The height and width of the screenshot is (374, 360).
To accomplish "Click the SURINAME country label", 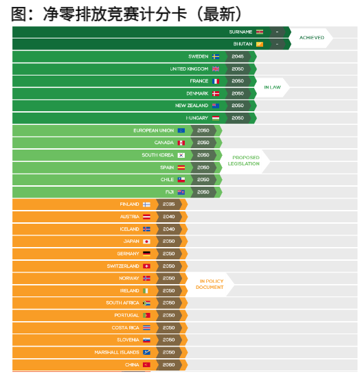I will pos(240,32).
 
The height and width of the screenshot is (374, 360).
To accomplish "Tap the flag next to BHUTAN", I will pos(259,44).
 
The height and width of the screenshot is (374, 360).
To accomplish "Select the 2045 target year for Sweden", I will pos(238,56).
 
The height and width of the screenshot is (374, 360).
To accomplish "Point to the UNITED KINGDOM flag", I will pos(216,69).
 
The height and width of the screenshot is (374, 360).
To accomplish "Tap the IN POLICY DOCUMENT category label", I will pos(210,284).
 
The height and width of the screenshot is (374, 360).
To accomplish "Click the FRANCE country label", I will pos(199,81).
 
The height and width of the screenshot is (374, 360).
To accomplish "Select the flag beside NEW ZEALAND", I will pos(216,106).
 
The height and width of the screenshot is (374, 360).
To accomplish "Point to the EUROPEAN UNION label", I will pos(153,130).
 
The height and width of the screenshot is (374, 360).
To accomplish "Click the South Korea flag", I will pos(181,155).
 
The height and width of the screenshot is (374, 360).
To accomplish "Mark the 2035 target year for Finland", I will pos(168,204).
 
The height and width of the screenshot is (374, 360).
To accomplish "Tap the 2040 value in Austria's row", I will pos(168,217).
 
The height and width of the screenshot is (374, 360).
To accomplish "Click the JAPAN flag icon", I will pos(146,242).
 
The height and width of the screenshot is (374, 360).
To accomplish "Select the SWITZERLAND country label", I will pos(123,266).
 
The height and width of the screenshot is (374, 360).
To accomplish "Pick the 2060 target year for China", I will pos(168,365).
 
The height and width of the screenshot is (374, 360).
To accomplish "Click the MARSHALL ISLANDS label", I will pos(117,353).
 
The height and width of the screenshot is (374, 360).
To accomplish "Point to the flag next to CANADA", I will pos(181,143).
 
